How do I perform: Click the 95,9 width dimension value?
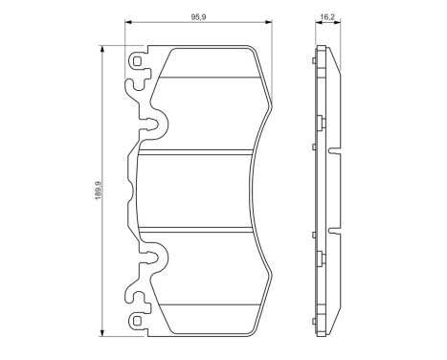click(198, 17)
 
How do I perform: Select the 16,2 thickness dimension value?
click(327, 17)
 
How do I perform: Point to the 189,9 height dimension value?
click(99, 191)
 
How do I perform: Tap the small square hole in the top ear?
click(137, 61)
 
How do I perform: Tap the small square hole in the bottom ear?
click(137, 321)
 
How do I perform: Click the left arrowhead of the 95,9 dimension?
click(128, 22)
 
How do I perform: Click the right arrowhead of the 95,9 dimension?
click(269, 22)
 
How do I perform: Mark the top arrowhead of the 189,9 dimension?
click(102, 49)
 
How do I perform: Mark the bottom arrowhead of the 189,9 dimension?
click(102, 333)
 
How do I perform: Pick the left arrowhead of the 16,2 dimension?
click(319, 22)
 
